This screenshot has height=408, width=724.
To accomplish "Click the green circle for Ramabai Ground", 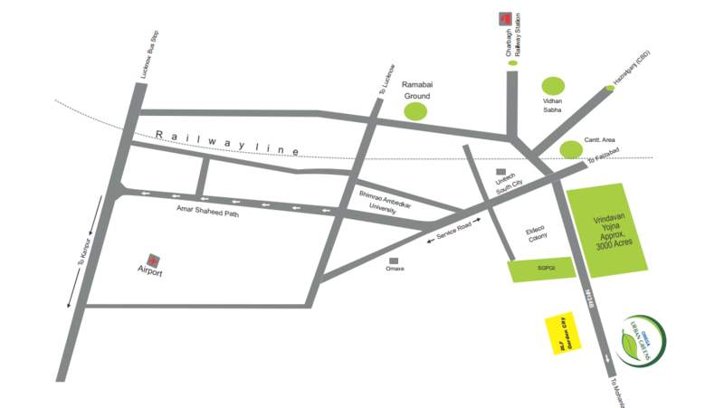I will click(x=415, y=112).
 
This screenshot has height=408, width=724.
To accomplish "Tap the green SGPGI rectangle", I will click(x=541, y=269).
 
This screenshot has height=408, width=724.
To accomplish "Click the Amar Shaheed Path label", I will click(x=207, y=209).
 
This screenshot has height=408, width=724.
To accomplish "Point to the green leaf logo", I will click(x=644, y=342).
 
